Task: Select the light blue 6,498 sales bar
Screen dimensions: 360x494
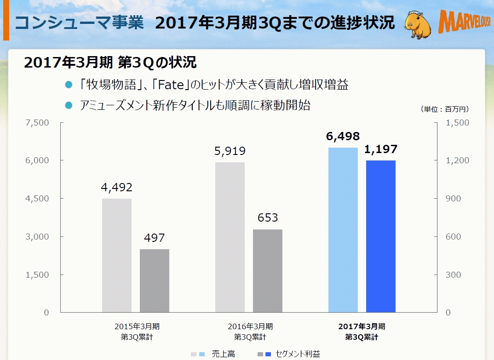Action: tap(343, 230)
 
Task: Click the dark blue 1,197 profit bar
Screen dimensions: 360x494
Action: tap(380, 236)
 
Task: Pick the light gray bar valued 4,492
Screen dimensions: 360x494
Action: tap(117, 255)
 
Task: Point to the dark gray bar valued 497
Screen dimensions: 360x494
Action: tap(155, 280)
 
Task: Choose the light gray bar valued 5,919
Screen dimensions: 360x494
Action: tap(230, 237)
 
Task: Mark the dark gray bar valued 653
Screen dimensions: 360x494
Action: tap(268, 271)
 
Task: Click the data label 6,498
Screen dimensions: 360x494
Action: tap(343, 137)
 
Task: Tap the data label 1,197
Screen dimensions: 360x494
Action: tap(380, 149)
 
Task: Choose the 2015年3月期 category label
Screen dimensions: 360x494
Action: tap(137, 326)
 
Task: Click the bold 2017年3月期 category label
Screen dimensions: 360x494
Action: tap(362, 326)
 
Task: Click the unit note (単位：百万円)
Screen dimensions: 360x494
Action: tap(444, 109)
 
